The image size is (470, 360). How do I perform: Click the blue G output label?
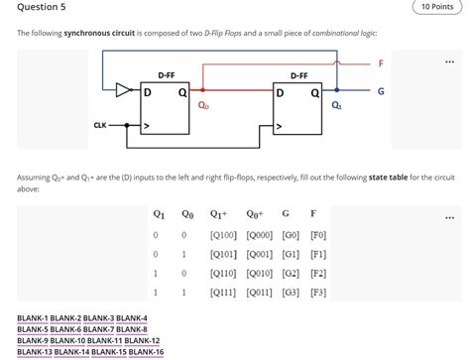(381, 91)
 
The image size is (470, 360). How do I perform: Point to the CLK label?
(100, 125)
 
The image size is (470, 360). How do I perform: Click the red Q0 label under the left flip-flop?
(203, 104)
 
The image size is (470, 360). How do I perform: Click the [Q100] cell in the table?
(222, 235)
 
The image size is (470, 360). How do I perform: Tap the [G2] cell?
(290, 274)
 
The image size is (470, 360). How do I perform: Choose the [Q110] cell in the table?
(222, 274)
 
